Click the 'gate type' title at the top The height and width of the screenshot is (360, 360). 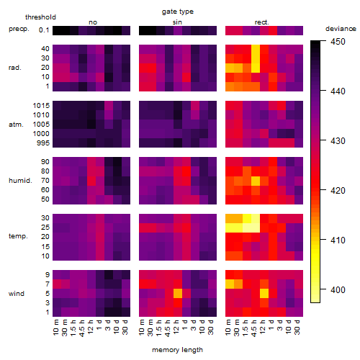178,12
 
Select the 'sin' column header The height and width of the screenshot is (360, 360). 177,22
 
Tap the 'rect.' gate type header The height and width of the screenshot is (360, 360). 262,22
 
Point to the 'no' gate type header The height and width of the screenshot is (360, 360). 93,22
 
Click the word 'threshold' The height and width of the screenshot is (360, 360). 40,17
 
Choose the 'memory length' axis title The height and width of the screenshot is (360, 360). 178,350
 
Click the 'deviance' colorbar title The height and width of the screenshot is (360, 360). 341,29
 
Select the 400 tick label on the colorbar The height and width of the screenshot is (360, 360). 338,290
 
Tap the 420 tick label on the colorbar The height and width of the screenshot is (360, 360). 338,191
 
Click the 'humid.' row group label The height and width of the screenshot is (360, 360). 20,181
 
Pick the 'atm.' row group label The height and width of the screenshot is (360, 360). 16,125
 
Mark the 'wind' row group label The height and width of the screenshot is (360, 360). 17,294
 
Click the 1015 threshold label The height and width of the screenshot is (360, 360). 41,106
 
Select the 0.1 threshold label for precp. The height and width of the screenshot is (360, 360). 44,30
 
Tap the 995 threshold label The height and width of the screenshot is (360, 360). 43,143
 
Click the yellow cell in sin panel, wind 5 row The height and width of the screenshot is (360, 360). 178,293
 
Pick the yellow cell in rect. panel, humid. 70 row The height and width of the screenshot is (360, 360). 256,181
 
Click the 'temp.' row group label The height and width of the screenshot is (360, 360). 18,236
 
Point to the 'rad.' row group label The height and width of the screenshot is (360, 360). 15,68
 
